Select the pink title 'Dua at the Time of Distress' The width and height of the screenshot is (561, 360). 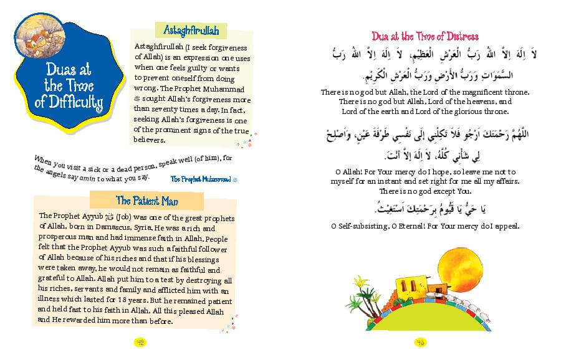[x=425, y=36]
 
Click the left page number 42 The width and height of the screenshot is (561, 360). [x=140, y=342]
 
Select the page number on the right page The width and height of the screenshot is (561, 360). [x=420, y=342]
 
